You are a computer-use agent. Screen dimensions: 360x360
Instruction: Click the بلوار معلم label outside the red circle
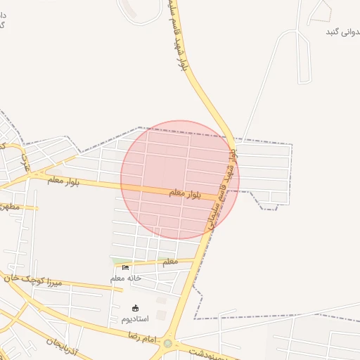(64, 181)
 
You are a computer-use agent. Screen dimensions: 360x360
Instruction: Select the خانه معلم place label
(126, 278)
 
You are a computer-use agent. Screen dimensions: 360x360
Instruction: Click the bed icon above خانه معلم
(126, 267)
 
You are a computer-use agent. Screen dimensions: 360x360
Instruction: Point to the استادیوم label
(136, 319)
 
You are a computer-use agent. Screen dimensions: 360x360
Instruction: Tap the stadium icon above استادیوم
(136, 308)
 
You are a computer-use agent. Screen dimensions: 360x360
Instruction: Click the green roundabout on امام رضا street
(167, 344)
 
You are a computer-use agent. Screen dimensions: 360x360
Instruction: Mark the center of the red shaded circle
(180, 180)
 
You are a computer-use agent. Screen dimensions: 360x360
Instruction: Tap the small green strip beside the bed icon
(116, 262)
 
